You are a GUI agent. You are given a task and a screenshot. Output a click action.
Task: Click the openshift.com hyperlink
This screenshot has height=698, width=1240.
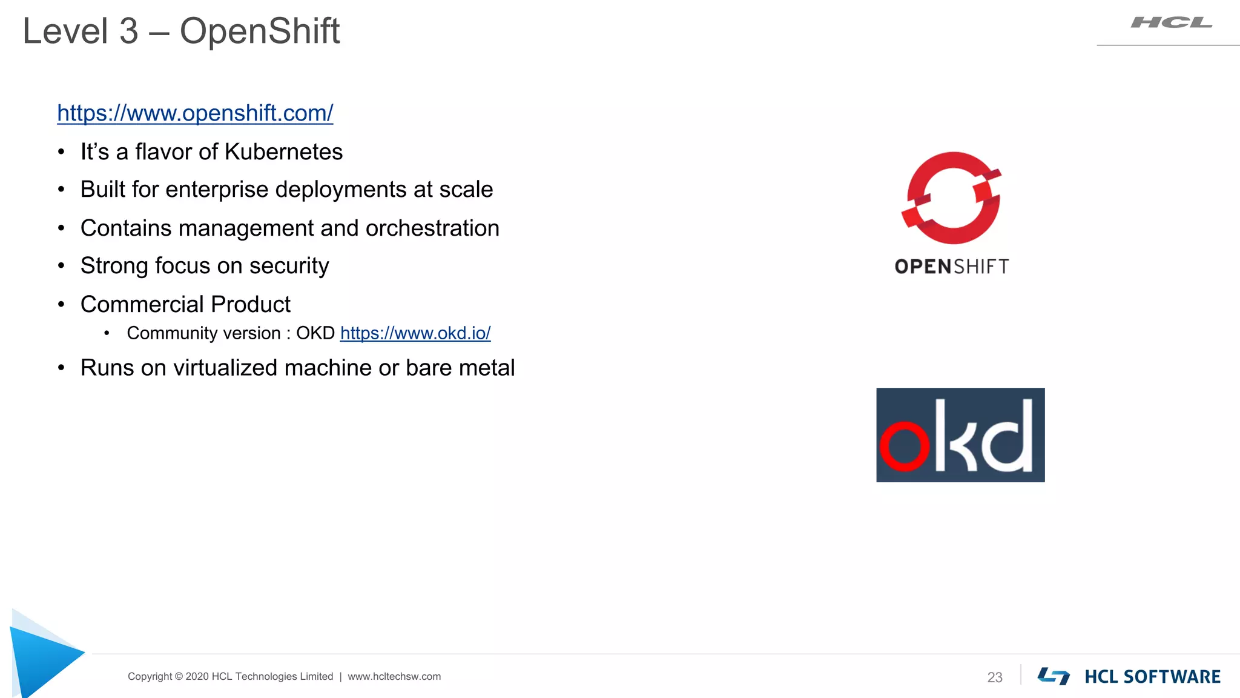[195, 113]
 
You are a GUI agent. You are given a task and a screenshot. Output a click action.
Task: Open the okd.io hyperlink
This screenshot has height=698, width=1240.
[415, 333]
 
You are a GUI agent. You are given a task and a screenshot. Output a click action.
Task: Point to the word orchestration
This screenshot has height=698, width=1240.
[432, 228]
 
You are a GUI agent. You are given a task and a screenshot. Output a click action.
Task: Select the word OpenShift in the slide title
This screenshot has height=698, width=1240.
[260, 31]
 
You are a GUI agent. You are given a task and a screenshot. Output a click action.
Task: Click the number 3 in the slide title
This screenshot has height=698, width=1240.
[128, 31]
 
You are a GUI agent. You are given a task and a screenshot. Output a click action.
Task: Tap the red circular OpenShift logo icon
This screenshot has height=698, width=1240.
[952, 198]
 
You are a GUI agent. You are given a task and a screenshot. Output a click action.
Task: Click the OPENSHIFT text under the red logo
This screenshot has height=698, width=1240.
[952, 267]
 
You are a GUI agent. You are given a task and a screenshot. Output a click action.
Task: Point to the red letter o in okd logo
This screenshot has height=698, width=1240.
[904, 446]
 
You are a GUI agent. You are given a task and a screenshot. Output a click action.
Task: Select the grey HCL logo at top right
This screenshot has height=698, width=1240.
[1171, 23]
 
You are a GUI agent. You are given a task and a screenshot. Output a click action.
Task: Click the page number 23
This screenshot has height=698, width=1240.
[995, 677]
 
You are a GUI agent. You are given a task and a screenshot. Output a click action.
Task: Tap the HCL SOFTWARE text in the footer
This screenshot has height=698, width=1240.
[1152, 677]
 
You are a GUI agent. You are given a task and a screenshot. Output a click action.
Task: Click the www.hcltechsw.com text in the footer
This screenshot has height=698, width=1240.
[394, 677]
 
